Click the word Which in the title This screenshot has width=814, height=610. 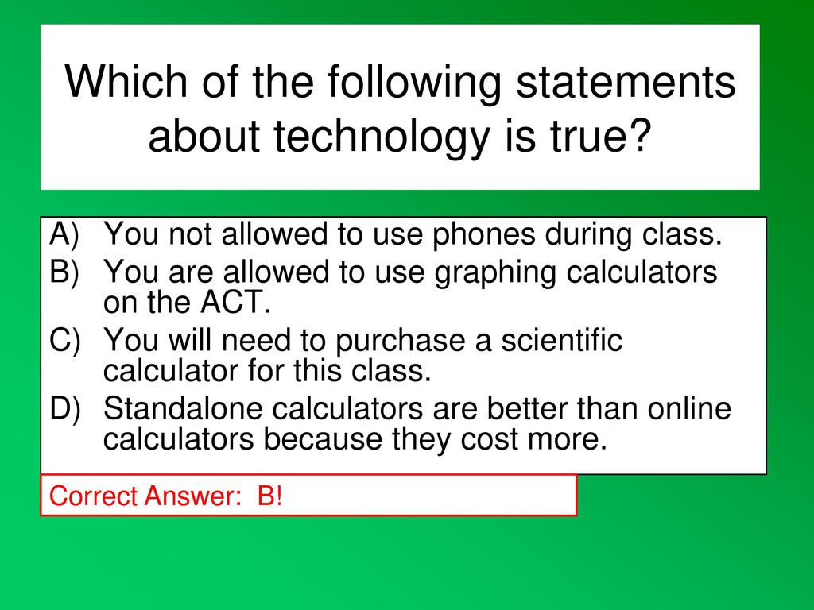[126, 81]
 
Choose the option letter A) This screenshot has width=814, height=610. [64, 234]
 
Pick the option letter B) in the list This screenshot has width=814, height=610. [64, 272]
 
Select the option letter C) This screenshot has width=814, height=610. [65, 341]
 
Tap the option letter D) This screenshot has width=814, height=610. [65, 409]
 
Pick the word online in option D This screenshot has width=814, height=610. [689, 408]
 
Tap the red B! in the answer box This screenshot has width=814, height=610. [270, 496]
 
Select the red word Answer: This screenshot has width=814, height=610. [194, 496]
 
